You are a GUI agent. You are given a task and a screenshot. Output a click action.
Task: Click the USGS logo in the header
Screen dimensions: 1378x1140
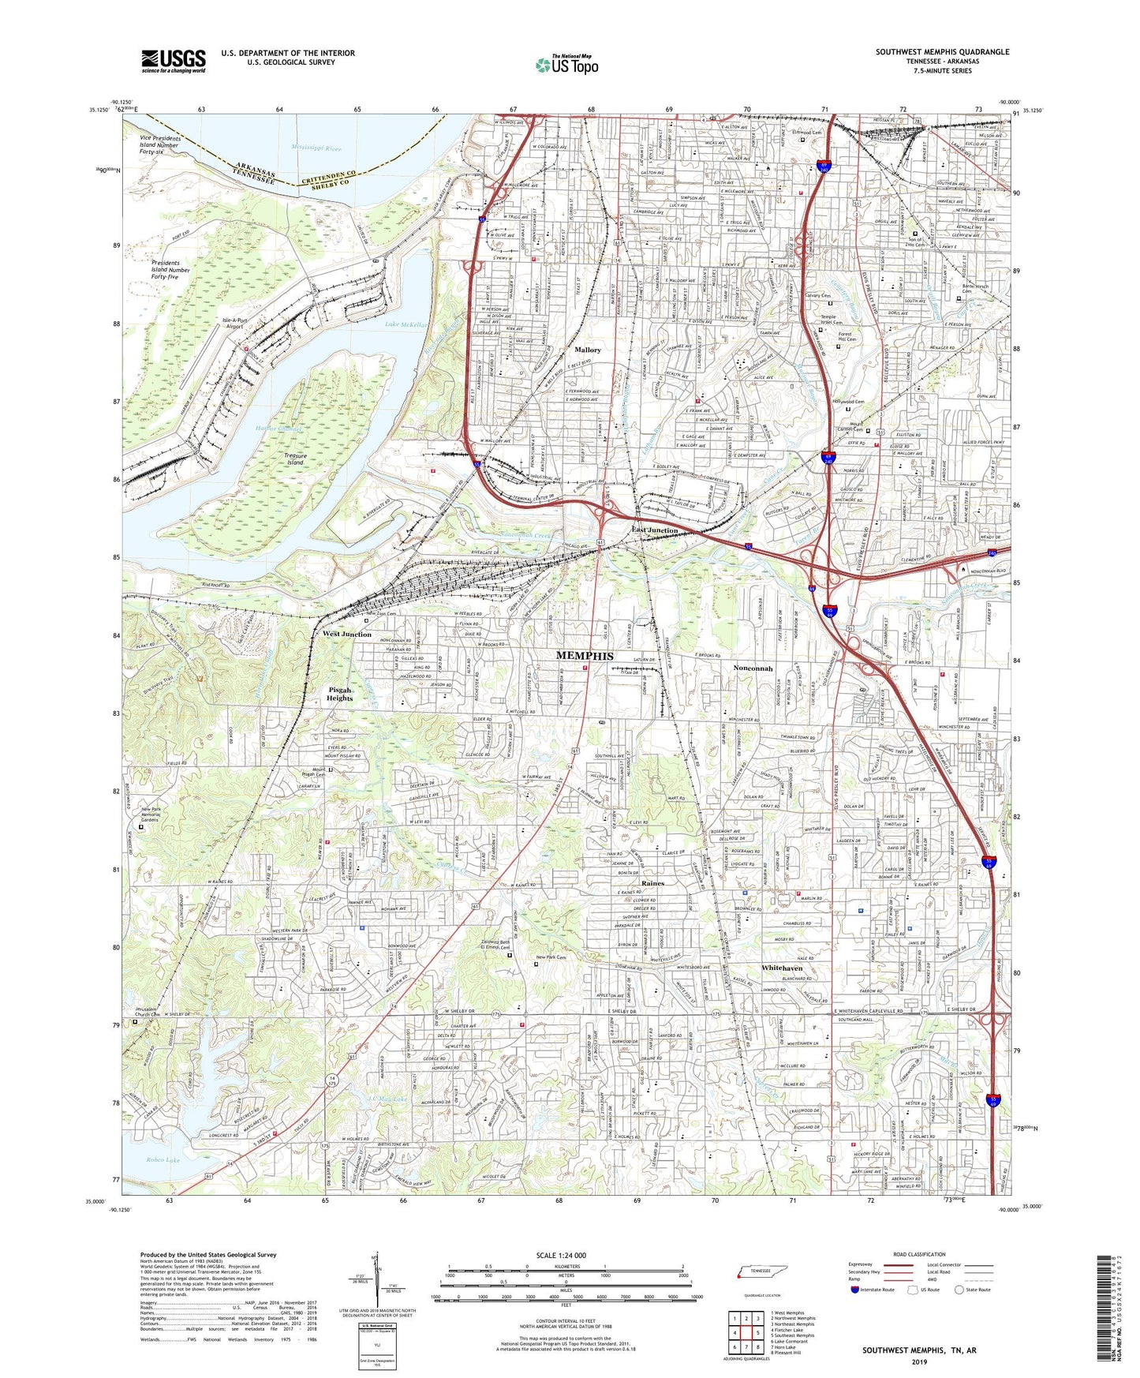coord(173,61)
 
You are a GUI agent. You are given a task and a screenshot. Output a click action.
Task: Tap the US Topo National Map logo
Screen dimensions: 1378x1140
coord(566,65)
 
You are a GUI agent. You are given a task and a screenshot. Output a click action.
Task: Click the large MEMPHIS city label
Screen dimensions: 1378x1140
coord(585,655)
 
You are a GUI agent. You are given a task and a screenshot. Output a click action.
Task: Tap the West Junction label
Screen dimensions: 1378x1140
coord(346,634)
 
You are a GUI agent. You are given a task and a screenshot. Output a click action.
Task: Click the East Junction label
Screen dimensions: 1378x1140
coord(654,530)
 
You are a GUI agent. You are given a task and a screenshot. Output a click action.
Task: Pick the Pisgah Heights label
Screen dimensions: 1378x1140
coord(340,693)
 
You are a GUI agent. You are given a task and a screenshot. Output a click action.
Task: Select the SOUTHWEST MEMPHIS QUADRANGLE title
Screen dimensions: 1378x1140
coord(942,52)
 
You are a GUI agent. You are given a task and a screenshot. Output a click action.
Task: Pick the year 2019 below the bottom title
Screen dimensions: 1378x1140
coord(919,1361)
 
